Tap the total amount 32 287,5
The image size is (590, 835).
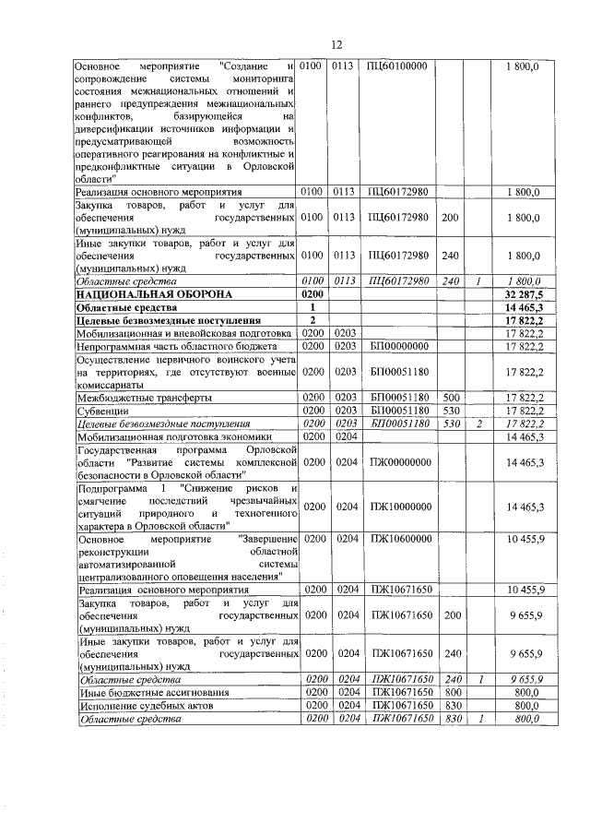[523, 292]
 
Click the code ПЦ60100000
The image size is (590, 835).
[397, 66]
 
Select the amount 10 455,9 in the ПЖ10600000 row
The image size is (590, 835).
[523, 538]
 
